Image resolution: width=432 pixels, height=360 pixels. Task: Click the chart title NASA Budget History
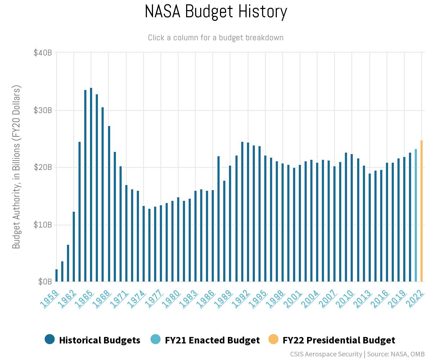pyautogui.click(x=216, y=12)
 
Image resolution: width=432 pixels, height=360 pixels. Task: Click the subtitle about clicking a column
pyautogui.click(x=216, y=38)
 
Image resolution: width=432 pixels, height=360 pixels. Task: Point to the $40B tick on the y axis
pyautogui.click(x=43, y=53)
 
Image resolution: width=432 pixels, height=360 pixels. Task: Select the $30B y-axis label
pyautogui.click(x=43, y=110)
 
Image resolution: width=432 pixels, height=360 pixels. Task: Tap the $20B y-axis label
pyautogui.click(x=43, y=167)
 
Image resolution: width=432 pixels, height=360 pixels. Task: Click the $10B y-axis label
pyautogui.click(x=43, y=225)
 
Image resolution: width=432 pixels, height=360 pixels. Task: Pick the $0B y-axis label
pyautogui.click(x=45, y=282)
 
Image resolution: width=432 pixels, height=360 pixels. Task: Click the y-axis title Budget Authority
pyautogui.click(x=17, y=167)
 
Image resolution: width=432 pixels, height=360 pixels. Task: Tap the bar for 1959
pyautogui.click(x=57, y=275)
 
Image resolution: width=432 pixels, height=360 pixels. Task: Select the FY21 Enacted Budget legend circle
pyautogui.click(x=156, y=339)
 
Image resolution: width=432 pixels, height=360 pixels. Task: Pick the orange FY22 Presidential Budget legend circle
pyautogui.click(x=274, y=339)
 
